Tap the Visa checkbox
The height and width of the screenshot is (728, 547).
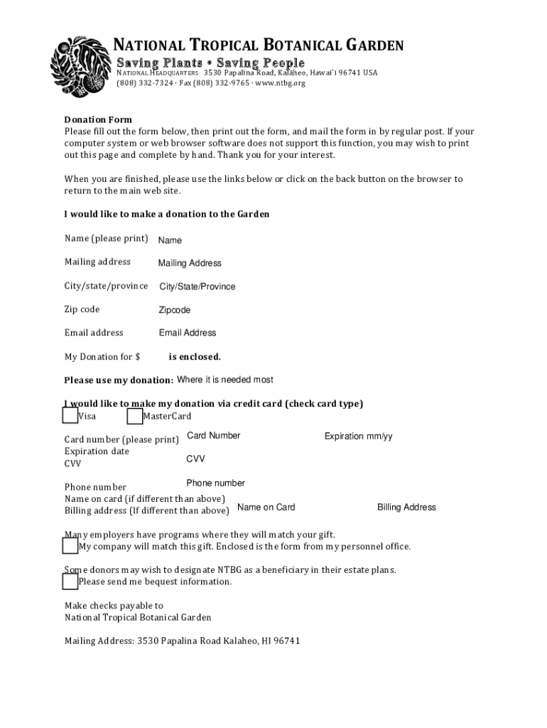pos(70,416)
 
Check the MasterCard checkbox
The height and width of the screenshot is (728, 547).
pos(135,416)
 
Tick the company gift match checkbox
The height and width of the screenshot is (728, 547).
pos(70,546)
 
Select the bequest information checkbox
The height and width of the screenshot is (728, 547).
pos(70,582)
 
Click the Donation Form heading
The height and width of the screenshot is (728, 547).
pos(98,119)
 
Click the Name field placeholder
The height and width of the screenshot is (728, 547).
pos(170,240)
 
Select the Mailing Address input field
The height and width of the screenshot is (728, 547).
pos(190,263)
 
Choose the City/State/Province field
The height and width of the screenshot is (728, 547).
pos(197,287)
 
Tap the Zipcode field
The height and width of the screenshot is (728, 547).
pos(175,310)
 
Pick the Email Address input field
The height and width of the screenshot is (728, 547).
pos(188,333)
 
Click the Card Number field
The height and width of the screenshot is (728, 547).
pos(213,435)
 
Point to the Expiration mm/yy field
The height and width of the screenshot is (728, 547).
pos(358,436)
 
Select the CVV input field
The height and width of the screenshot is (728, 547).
pos(195,459)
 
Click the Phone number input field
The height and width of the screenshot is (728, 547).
pos(215,483)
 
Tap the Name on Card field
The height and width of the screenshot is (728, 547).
pos(266,507)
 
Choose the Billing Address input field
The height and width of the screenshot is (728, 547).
pos(406,507)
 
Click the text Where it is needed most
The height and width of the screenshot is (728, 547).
pos(224,380)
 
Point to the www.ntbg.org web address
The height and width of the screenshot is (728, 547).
pos(279,83)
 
